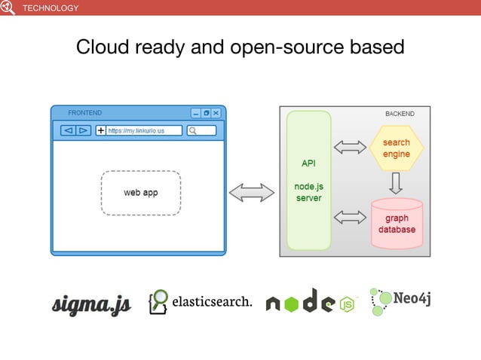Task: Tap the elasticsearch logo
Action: pos(201,302)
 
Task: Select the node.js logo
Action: pos(310,302)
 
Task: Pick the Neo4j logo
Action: pos(400,302)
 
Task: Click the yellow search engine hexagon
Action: pos(397,148)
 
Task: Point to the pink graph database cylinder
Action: pos(397,224)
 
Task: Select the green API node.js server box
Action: pos(309,181)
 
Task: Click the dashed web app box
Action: pos(141,193)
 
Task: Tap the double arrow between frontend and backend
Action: pos(252,193)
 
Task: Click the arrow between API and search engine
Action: pos(350,148)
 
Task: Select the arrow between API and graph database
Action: pos(350,218)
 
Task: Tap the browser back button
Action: pos(67,130)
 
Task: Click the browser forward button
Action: pos(83,130)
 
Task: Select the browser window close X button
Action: pos(216,113)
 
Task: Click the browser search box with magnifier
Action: pos(201,130)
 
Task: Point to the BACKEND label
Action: pos(400,114)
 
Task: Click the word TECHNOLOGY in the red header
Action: pos(51,8)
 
